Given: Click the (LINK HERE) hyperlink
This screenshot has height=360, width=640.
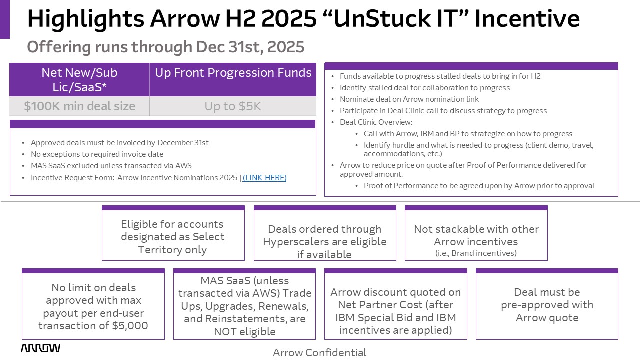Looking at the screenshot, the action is click(264, 178).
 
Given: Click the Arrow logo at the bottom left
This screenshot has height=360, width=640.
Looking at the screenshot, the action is click(40, 348).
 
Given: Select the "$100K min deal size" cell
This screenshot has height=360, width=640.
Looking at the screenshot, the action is click(79, 106).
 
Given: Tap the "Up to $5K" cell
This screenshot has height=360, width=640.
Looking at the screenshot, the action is click(233, 106).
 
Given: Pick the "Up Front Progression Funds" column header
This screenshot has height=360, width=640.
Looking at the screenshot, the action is click(233, 79).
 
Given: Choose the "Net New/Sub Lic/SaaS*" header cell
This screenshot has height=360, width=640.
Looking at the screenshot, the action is click(79, 79).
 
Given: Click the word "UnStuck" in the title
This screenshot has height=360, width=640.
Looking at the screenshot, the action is click(382, 19).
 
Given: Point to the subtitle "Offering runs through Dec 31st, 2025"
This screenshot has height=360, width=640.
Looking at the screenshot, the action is click(165, 47).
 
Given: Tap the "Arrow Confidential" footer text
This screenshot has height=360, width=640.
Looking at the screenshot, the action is click(319, 353).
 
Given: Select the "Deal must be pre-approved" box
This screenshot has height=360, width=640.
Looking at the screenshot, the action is click(547, 304).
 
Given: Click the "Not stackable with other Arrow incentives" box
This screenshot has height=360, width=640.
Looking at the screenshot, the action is click(476, 233).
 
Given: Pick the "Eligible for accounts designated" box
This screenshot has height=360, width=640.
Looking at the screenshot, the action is click(173, 233).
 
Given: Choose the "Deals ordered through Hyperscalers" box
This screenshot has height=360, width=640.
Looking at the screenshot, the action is click(325, 233).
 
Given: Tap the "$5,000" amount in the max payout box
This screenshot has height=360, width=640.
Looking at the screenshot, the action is click(130, 326).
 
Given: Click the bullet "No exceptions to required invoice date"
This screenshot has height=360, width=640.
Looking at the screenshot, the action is click(97, 154).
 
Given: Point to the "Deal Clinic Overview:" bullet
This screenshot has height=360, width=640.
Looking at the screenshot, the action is click(376, 122).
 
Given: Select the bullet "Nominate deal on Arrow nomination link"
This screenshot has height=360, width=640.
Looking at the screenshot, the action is click(409, 99).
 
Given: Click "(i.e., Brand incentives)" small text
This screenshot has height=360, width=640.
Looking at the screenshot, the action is click(476, 253).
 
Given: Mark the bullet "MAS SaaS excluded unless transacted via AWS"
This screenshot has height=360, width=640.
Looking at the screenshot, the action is click(111, 166).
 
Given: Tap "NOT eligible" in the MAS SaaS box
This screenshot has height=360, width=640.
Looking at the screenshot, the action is click(245, 332).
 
